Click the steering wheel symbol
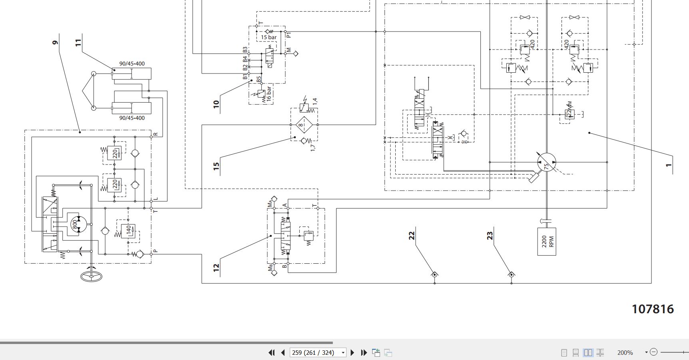pyautogui.click(x=92, y=276)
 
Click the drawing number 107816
pyautogui.click(x=653, y=309)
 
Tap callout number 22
pyautogui.click(x=412, y=235)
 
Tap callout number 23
pyautogui.click(x=490, y=236)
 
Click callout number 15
pyautogui.click(x=216, y=166)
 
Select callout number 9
pyautogui.click(x=55, y=42)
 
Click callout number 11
pyautogui.click(x=78, y=42)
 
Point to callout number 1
pyautogui.click(x=669, y=165)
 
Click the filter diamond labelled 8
pyautogui.click(x=304, y=125)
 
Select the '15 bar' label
pyautogui.click(x=269, y=37)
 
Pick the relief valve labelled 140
pyautogui.click(x=128, y=231)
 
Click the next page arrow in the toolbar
pyautogui.click(x=352, y=352)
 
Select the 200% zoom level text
pyautogui.click(x=625, y=352)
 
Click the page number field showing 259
pyautogui.click(x=316, y=352)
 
